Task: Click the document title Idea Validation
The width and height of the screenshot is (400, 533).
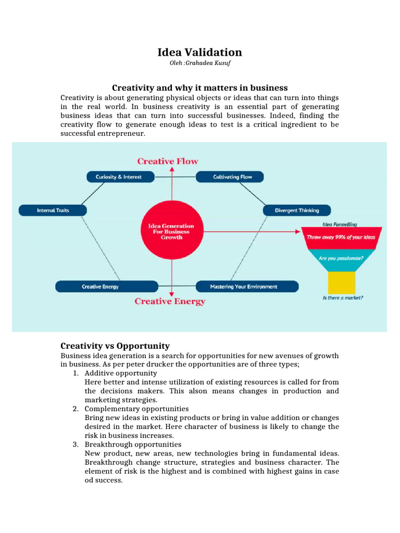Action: (200, 52)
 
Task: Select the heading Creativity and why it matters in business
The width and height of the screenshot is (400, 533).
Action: (200, 87)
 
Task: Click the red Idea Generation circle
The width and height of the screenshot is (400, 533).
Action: (171, 232)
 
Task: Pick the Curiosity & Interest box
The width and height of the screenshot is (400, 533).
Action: (118, 177)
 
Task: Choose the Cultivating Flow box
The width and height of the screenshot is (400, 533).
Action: (230, 177)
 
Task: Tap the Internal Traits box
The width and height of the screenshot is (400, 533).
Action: (53, 210)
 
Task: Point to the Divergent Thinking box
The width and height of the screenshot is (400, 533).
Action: (296, 210)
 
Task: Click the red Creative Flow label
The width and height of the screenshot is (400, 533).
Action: (168, 161)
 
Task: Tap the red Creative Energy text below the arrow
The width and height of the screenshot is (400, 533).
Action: (170, 301)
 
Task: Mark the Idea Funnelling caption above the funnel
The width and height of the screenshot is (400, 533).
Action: (340, 224)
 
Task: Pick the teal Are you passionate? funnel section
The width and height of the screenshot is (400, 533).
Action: (341, 258)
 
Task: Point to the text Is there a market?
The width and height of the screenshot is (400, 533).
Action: (343, 298)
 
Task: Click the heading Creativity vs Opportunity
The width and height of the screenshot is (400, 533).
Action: (115, 346)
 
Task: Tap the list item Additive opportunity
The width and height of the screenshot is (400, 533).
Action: (121, 373)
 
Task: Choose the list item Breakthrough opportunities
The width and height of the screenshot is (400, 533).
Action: (133, 445)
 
